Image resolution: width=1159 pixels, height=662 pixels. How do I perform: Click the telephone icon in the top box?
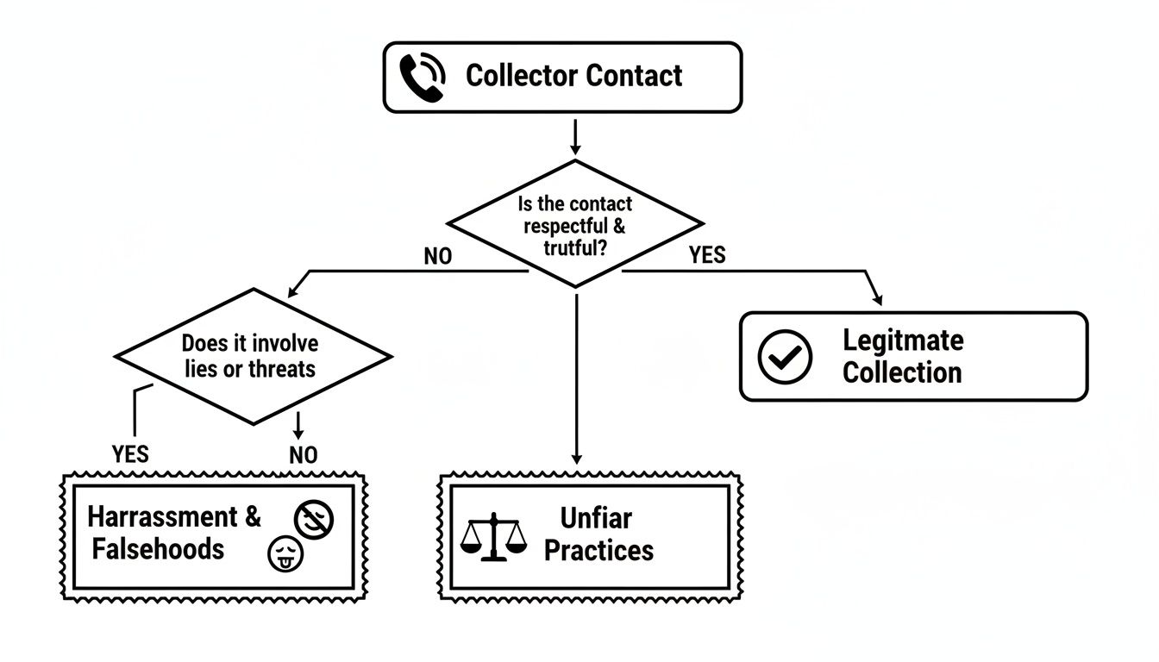(423, 77)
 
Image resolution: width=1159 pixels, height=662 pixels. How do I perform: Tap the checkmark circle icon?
(785, 356)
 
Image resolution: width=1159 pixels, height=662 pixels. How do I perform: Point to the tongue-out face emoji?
(286, 553)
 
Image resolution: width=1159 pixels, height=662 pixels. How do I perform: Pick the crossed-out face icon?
(314, 519)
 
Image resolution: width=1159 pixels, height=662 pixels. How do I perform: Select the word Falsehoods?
(158, 549)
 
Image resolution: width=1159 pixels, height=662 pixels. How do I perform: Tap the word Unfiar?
(596, 518)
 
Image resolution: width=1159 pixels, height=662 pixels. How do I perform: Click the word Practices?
(598, 551)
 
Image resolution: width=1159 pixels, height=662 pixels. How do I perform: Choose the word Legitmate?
(903, 340)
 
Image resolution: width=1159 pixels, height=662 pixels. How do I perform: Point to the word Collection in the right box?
(902, 372)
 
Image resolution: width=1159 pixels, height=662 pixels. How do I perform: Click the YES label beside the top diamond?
(707, 255)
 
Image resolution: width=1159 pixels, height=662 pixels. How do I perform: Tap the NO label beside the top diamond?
(438, 256)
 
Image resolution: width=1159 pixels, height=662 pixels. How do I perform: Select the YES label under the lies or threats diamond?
(130, 454)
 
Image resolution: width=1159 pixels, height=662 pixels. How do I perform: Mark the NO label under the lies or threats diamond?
(303, 455)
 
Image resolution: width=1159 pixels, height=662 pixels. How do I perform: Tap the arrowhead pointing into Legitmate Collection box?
(879, 299)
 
